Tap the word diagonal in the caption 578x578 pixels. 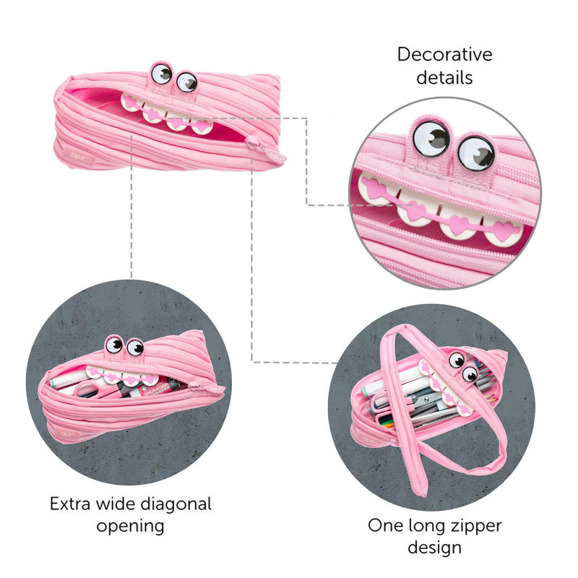click(171, 504)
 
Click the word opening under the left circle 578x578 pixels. click(130, 525)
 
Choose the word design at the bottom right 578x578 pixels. click(434, 547)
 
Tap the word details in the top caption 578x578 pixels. click(444, 77)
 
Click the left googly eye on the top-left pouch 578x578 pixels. click(163, 74)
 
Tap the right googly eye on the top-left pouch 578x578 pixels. click(186, 82)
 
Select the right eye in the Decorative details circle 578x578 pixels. click(475, 152)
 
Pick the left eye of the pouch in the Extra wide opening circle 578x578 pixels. click(114, 344)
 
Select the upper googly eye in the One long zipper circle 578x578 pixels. click(457, 360)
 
